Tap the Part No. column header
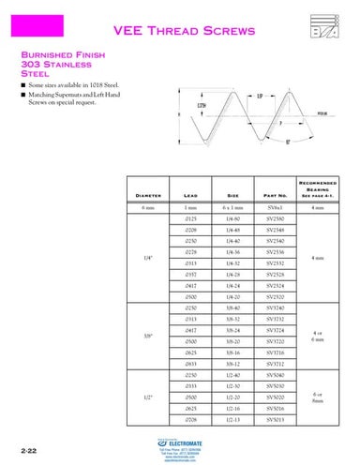click(x=276, y=195)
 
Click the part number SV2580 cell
click(x=276, y=217)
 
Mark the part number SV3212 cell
click(x=276, y=364)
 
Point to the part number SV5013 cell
click(x=276, y=420)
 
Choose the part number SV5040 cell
click(x=276, y=375)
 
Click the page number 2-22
click(x=14, y=451)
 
